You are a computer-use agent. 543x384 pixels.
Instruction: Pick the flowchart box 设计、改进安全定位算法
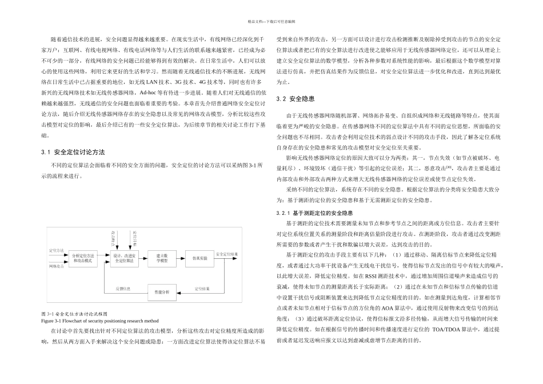coord(124,258)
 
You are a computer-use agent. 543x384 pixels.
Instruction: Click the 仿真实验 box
coord(199,258)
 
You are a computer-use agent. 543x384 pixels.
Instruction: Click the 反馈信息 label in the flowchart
coord(123,289)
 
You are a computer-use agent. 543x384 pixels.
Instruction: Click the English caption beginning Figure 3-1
coord(95,321)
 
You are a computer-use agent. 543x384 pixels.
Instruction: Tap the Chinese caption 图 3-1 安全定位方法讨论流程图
coord(74,314)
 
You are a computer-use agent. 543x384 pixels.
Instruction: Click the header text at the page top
coord(271,21)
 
